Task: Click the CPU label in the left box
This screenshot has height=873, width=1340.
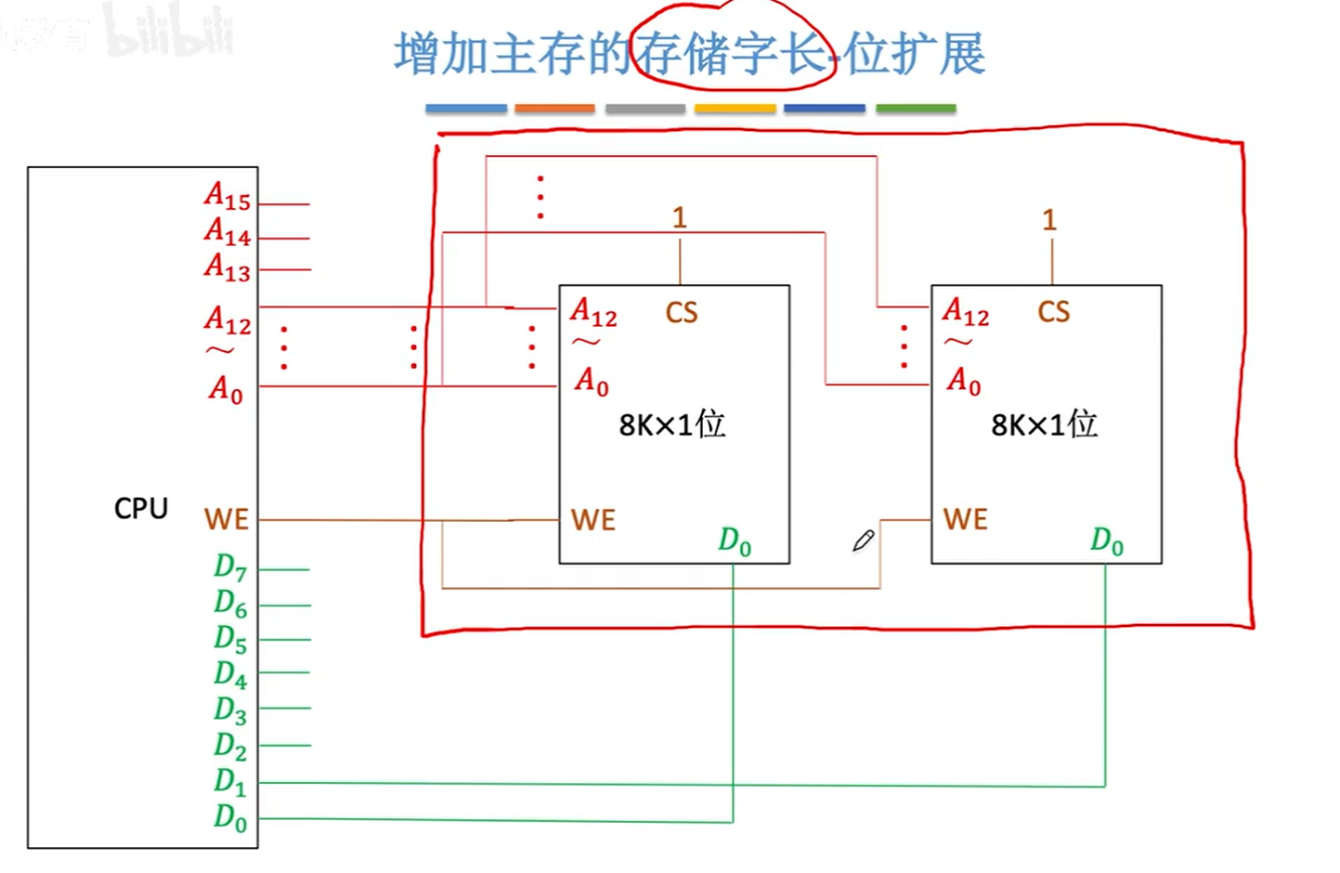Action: [x=141, y=508]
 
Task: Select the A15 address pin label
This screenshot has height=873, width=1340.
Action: [x=228, y=197]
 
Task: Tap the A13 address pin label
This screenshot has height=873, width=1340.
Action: [x=228, y=267]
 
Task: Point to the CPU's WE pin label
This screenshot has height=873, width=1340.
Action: [x=227, y=519]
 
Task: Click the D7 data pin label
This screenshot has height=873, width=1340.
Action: [x=230, y=567]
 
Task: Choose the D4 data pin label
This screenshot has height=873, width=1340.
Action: [x=230, y=674]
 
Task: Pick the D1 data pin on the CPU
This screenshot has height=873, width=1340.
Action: [x=230, y=782]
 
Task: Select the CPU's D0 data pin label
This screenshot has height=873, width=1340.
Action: [x=230, y=817]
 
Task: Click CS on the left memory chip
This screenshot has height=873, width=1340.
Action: [x=682, y=313]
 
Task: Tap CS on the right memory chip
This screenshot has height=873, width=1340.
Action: [x=1054, y=312]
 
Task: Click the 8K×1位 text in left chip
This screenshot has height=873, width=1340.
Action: [x=672, y=424]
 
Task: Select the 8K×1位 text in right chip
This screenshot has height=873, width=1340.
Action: [x=1045, y=424]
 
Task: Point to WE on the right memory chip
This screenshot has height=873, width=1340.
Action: [x=966, y=519]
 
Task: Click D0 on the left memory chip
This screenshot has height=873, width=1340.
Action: [x=735, y=541]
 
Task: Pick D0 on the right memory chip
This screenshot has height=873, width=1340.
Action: [x=1107, y=541]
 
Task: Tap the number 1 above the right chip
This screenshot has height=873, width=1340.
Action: [x=1049, y=220]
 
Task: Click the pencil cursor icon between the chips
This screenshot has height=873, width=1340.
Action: [x=864, y=541]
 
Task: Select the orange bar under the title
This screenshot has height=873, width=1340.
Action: [x=554, y=109]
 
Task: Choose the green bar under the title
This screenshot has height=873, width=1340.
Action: [x=916, y=109]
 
